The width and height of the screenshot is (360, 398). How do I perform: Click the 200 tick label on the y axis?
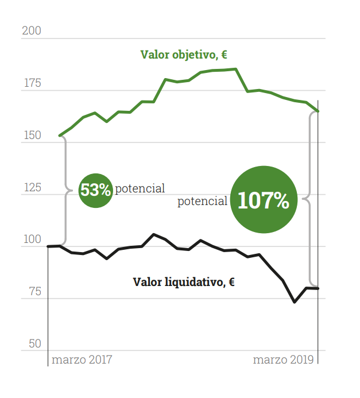32,31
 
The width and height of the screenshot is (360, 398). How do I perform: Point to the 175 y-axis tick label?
32,83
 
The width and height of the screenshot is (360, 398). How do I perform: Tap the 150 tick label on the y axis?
32,136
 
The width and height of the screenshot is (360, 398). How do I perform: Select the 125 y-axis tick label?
32,188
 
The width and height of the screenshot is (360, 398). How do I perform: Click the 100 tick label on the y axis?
32,240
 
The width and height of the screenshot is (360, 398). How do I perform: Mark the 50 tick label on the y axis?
35,343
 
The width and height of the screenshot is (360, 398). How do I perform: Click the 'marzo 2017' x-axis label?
82,360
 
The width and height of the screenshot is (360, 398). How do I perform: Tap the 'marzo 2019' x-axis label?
284,360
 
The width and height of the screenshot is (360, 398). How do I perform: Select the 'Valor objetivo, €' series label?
184,55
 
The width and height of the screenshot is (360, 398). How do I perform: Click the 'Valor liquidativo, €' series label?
184,282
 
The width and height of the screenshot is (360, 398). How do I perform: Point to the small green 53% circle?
95,190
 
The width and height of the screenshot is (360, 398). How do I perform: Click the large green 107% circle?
264,200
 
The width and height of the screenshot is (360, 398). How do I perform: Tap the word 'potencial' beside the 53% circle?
140,188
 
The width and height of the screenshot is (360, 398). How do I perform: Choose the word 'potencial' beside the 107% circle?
202,202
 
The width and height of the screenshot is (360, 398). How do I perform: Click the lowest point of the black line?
295,302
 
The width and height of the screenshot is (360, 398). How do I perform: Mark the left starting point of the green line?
60,136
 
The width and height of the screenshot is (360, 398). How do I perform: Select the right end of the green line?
318,111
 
